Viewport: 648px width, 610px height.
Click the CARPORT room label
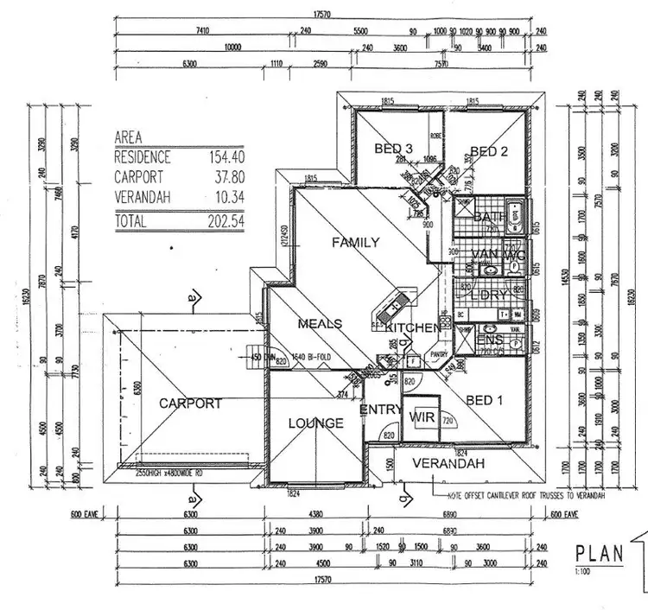click(x=190, y=403)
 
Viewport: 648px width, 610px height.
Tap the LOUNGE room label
click(x=315, y=423)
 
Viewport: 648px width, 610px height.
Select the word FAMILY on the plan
click(x=355, y=243)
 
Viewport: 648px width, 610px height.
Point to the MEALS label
click(x=320, y=324)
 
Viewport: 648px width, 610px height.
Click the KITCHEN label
click(x=413, y=329)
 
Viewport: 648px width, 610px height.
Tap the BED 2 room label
click(x=488, y=151)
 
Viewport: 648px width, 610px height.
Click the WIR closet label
click(x=423, y=418)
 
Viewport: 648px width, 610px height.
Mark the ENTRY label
click(x=378, y=409)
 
